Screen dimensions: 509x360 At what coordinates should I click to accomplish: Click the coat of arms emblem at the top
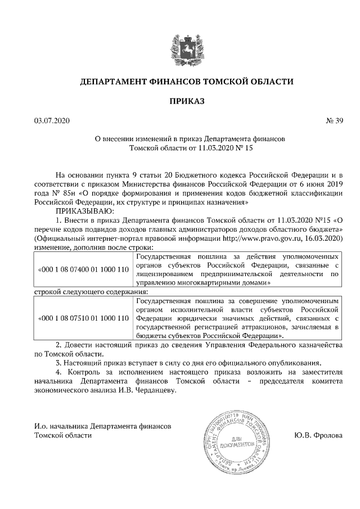pyautogui.click(x=186, y=46)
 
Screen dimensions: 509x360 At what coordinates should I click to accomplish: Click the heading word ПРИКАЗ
pyautogui.click(x=186, y=101)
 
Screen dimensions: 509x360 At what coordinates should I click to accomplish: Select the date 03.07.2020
pyautogui.click(x=52, y=120)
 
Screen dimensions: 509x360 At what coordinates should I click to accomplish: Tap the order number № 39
pyautogui.click(x=334, y=120)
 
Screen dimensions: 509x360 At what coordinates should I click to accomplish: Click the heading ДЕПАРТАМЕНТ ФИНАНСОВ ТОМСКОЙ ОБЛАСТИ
pyautogui.click(x=186, y=81)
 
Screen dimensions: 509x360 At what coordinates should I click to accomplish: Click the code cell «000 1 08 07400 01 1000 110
pyautogui.click(x=83, y=269)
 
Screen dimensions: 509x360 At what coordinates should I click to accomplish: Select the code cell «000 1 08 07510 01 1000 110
pyautogui.click(x=83, y=318)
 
